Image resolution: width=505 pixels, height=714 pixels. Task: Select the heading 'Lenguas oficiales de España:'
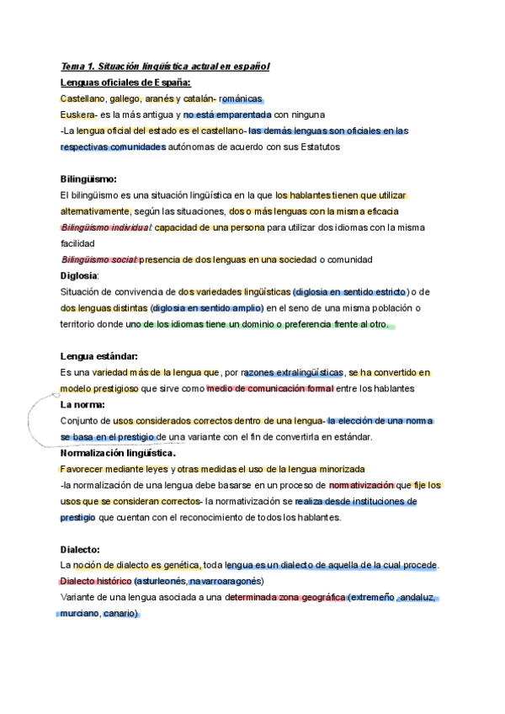pos(125,82)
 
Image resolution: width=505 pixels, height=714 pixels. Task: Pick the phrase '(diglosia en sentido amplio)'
pos(212,307)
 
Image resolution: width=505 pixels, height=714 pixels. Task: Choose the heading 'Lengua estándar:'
pos(99,356)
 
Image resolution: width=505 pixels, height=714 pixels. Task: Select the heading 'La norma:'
pos(82,404)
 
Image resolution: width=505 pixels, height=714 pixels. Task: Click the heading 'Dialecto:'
pos(81,549)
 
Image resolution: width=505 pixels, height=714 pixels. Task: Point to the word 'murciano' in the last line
pos(79,614)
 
